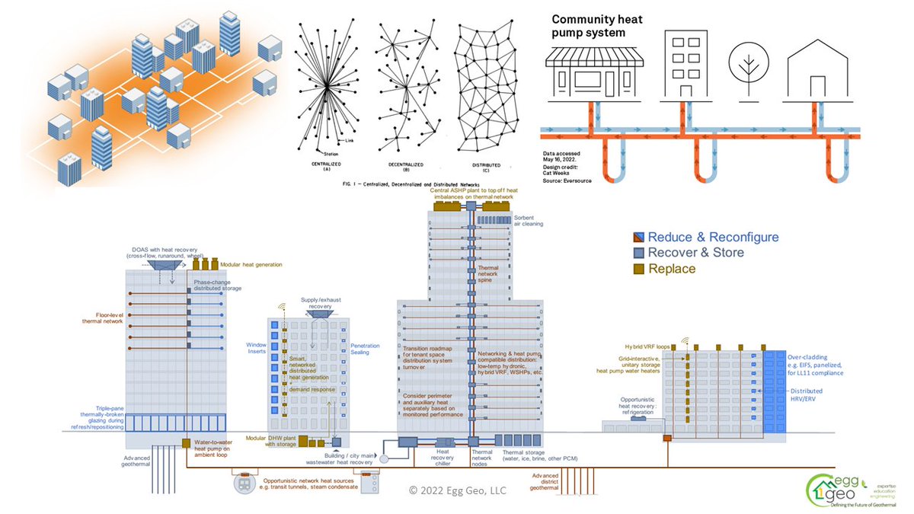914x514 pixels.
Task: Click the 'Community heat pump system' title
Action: tap(599, 25)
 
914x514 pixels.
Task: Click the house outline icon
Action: tap(819, 69)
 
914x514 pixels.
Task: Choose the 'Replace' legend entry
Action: tap(673, 269)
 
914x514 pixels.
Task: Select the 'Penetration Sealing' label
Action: tap(365, 350)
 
